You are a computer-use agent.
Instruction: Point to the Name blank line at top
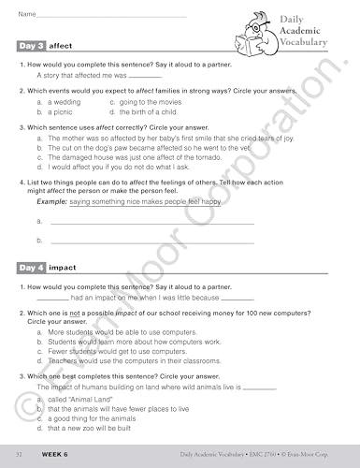point(112,15)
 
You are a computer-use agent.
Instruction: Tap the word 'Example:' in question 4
point(51,201)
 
